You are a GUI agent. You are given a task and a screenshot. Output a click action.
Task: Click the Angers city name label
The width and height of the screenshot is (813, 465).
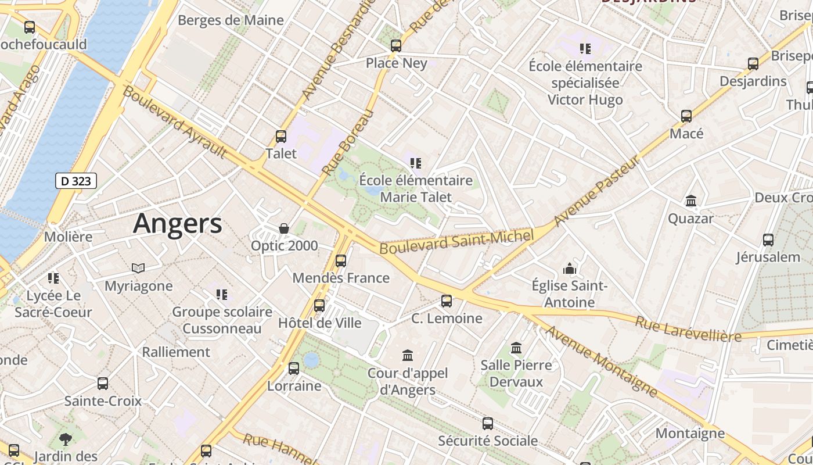pyautogui.click(x=177, y=224)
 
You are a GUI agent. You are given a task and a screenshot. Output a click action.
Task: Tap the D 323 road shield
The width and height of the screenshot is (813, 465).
pyautogui.click(x=76, y=181)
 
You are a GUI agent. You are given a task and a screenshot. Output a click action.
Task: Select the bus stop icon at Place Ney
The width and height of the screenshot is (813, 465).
pyautogui.click(x=396, y=46)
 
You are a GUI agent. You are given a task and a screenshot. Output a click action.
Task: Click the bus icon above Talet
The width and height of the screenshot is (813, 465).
pyautogui.click(x=281, y=137)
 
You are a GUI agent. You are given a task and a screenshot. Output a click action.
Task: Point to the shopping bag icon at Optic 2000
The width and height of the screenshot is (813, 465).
pyautogui.click(x=284, y=228)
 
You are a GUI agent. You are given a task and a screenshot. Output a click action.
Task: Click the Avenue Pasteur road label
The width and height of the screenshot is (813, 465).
pyautogui.click(x=596, y=191)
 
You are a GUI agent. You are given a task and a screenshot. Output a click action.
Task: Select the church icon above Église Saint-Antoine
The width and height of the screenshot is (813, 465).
pyautogui.click(x=570, y=269)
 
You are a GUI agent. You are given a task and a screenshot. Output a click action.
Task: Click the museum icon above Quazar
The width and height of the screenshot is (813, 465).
pyautogui.click(x=691, y=201)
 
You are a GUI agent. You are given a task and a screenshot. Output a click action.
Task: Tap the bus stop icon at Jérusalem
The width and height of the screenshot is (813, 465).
pyautogui.click(x=768, y=239)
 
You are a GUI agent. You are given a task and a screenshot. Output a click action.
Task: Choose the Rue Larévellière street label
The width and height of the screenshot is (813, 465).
pyautogui.click(x=688, y=329)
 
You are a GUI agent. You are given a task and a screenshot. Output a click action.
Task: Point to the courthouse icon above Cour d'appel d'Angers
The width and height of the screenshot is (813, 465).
pyautogui.click(x=408, y=355)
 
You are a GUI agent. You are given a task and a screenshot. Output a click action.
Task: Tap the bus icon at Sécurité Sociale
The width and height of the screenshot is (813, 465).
pyautogui.click(x=488, y=424)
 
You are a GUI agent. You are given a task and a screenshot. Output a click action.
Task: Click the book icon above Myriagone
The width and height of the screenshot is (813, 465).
pyautogui.click(x=138, y=268)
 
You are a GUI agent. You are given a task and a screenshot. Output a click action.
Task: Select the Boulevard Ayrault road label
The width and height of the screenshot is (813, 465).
pyautogui.click(x=174, y=123)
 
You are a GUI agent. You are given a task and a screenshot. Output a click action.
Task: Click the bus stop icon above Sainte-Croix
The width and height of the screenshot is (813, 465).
pyautogui.click(x=103, y=384)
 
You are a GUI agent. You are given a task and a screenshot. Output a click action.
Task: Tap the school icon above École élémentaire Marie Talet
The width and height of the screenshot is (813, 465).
pyautogui.click(x=416, y=163)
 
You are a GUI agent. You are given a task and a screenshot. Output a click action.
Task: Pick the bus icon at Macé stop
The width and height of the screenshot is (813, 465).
pyautogui.click(x=686, y=116)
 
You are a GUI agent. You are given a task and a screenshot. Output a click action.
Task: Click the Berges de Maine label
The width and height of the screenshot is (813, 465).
pyautogui.click(x=231, y=20)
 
